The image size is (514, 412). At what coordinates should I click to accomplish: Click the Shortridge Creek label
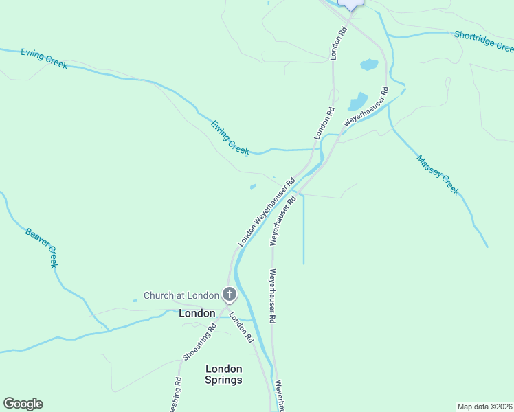point(484,41)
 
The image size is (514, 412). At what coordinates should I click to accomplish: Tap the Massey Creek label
point(438,174)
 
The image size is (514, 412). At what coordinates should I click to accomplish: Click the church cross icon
point(230,296)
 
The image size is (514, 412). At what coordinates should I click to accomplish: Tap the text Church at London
point(181,296)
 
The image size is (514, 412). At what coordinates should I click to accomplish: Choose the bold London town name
point(197,313)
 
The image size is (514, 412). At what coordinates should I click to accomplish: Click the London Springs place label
point(224,374)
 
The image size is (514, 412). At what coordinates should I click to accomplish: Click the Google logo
point(23,404)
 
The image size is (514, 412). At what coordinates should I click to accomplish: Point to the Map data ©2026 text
point(484,407)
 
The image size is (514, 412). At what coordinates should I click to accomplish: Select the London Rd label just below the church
point(242,328)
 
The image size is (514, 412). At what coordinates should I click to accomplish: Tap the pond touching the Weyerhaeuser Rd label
point(358,102)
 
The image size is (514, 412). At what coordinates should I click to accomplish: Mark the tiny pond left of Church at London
point(135,300)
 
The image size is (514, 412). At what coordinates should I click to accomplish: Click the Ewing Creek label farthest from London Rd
point(44,58)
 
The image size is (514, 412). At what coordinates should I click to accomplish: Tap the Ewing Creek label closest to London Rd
point(230,137)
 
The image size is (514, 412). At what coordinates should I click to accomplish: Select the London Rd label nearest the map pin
point(337,43)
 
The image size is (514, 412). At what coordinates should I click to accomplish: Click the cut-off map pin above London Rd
point(351,4)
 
